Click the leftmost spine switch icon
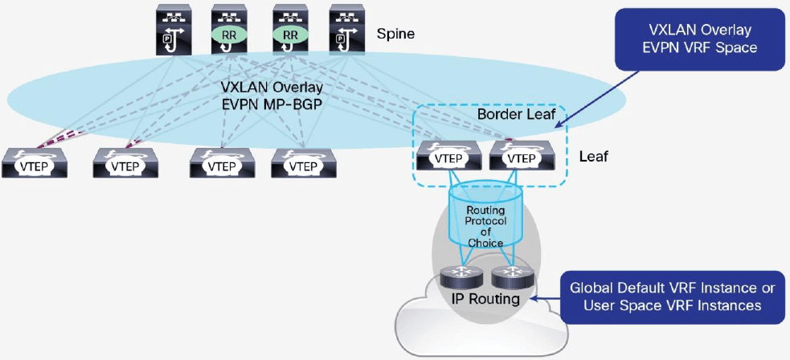tap(169, 31)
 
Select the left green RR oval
tap(228, 35)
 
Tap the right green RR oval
tap(290, 35)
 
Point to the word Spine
tap(395, 35)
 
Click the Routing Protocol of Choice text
tap(485, 227)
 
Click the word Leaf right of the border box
tap(593, 155)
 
